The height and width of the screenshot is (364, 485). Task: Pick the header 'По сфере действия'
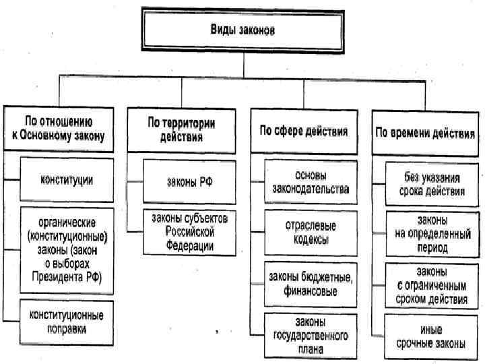tap(300, 131)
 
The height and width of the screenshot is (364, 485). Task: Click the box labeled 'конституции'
tap(66, 180)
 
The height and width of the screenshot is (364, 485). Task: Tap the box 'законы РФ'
tap(190, 181)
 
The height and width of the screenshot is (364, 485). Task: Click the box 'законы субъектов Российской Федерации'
tap(190, 233)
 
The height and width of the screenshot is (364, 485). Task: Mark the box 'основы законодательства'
tap(310, 182)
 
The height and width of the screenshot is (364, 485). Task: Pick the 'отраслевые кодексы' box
tap(310, 233)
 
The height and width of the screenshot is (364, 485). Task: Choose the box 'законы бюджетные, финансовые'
tap(310, 284)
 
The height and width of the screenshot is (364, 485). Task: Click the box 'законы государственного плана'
tap(310, 335)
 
